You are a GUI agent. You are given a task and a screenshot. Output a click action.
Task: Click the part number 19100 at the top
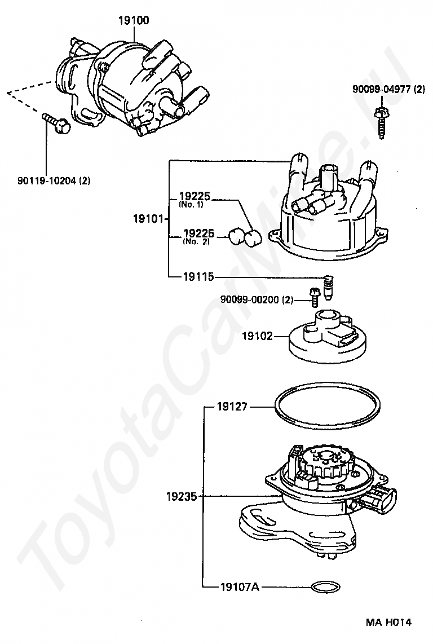click(134, 21)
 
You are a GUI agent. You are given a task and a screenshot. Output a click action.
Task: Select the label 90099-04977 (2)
click(388, 90)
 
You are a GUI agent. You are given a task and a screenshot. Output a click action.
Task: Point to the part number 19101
click(148, 219)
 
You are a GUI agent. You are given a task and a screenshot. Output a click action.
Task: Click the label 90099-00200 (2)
click(257, 300)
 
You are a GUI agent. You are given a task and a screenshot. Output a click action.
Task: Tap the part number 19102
click(257, 336)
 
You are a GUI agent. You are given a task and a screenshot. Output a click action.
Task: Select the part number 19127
click(232, 405)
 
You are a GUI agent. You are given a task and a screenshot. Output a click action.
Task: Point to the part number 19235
click(182, 496)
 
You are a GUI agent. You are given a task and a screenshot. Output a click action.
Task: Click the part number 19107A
click(240, 587)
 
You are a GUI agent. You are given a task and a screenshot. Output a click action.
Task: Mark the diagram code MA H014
click(388, 623)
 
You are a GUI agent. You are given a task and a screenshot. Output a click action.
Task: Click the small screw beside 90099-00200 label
click(313, 295)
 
